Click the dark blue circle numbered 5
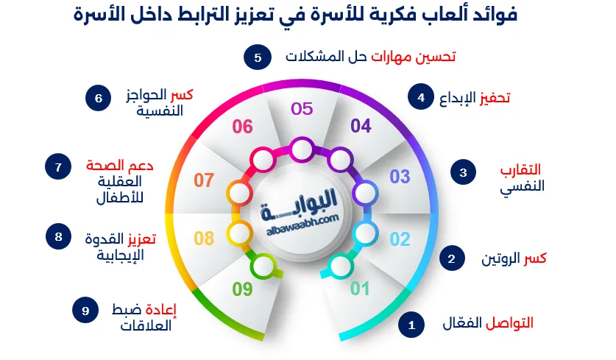tap(258, 57)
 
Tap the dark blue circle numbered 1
tap(411, 324)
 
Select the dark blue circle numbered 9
tap(85, 310)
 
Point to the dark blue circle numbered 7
tap(57, 167)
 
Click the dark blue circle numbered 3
tap(463, 173)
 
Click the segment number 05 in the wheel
tap(302, 109)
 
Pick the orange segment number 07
tap(204, 180)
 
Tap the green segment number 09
tap(242, 289)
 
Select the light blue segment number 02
tap(399, 239)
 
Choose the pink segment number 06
tap(242, 127)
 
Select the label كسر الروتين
tap(513, 258)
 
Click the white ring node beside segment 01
tap(339, 266)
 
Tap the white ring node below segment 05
tap(300, 152)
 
